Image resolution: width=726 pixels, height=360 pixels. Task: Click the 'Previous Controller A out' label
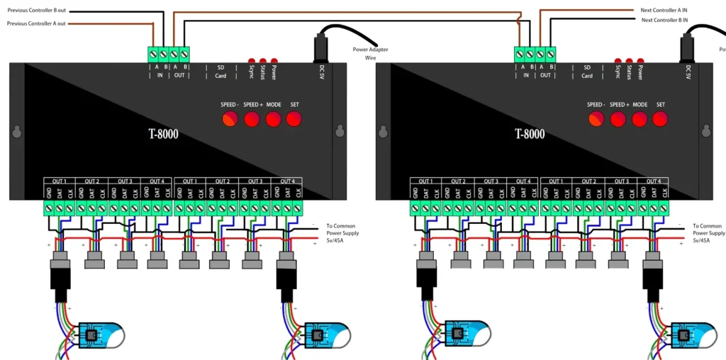[x=37, y=23]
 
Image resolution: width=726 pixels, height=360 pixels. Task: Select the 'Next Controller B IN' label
[x=665, y=20]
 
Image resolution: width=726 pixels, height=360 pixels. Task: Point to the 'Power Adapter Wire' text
[x=370, y=53]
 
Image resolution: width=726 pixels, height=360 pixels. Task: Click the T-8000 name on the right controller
[x=529, y=133]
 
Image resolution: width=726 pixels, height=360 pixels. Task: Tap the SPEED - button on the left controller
[x=230, y=119]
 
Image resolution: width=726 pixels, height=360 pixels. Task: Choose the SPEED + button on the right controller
[x=618, y=119]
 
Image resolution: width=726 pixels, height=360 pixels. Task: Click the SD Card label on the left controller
[x=220, y=72]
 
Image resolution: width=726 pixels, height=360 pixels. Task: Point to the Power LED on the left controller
[x=274, y=62]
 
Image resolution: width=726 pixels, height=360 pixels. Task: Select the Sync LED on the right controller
[x=618, y=62]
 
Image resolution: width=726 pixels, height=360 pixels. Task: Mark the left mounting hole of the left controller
[x=16, y=132]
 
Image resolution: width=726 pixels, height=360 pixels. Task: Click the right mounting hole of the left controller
[x=339, y=132]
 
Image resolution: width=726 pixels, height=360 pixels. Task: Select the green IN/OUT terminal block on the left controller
[x=169, y=54]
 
